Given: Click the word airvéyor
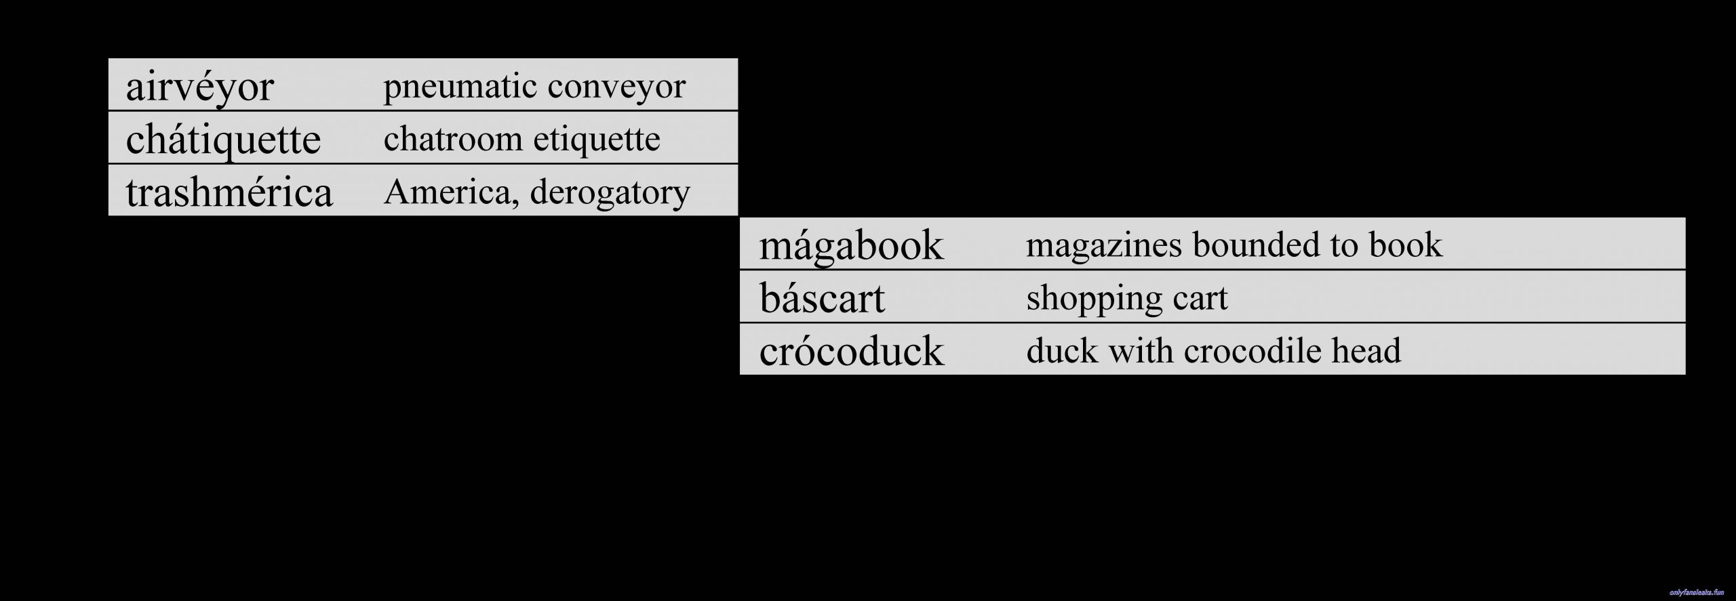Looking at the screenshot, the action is pos(199,87).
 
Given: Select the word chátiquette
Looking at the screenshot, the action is pos(223,140).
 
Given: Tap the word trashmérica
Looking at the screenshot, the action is pos(229,192).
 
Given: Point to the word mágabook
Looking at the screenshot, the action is pos(851,246).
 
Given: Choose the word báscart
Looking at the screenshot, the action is pos(822,297).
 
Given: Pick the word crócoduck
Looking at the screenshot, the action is pos(852,350).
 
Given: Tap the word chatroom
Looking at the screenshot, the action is pos(453,139).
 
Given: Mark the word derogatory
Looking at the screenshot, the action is pos(610,193).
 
